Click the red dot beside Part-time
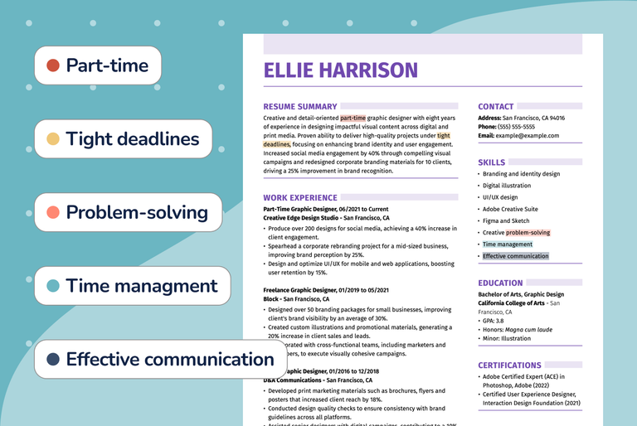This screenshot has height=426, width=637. coord(53,65)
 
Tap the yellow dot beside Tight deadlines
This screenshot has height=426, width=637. coord(53,139)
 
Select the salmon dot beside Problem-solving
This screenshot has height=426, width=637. coord(53,213)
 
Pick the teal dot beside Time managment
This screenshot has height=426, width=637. coord(53,286)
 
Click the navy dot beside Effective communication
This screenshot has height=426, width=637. coord(53,360)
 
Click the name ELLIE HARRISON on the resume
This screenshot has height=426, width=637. coord(340,70)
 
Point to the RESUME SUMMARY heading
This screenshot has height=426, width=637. coord(300,107)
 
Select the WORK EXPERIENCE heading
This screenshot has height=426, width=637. coord(300,198)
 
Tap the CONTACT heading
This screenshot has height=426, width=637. coord(496,107)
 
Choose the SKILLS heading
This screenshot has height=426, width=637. coord(492,162)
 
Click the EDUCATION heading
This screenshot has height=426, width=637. coord(500,283)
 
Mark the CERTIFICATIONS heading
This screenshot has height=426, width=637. coord(509,365)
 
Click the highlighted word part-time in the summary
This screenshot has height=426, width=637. coord(353,118)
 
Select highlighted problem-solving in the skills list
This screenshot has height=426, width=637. coord(528,233)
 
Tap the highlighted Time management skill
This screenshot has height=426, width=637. coord(508,244)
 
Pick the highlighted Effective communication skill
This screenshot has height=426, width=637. coord(516,256)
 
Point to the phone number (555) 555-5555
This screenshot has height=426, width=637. coord(517,127)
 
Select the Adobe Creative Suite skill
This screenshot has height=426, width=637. coord(510,209)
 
